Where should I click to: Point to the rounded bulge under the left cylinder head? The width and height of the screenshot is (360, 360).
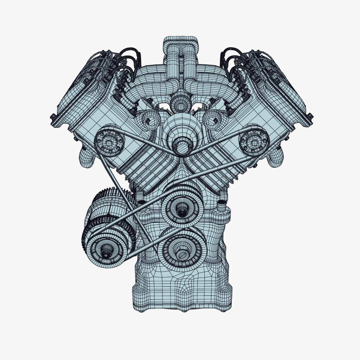tap(86, 158)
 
